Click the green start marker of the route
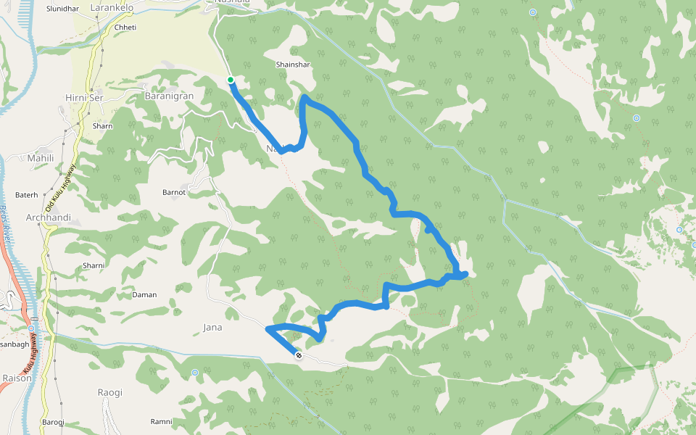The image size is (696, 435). point(230,80)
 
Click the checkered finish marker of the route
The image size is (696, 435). point(299,355)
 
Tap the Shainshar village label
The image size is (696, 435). point(293,65)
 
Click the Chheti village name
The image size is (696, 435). point(125,28)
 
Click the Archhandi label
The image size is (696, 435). point(48,217)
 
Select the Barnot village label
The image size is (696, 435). point(174,192)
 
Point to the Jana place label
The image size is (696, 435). point(212,327)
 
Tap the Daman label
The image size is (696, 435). point(144,295)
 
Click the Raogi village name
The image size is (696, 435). point(110,392)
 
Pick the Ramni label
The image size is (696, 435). point(161,421)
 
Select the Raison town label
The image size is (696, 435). point(17,378)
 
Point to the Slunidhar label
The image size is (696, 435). point(62,9)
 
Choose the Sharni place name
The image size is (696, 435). point(94,266)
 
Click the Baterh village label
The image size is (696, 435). point(26,195)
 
